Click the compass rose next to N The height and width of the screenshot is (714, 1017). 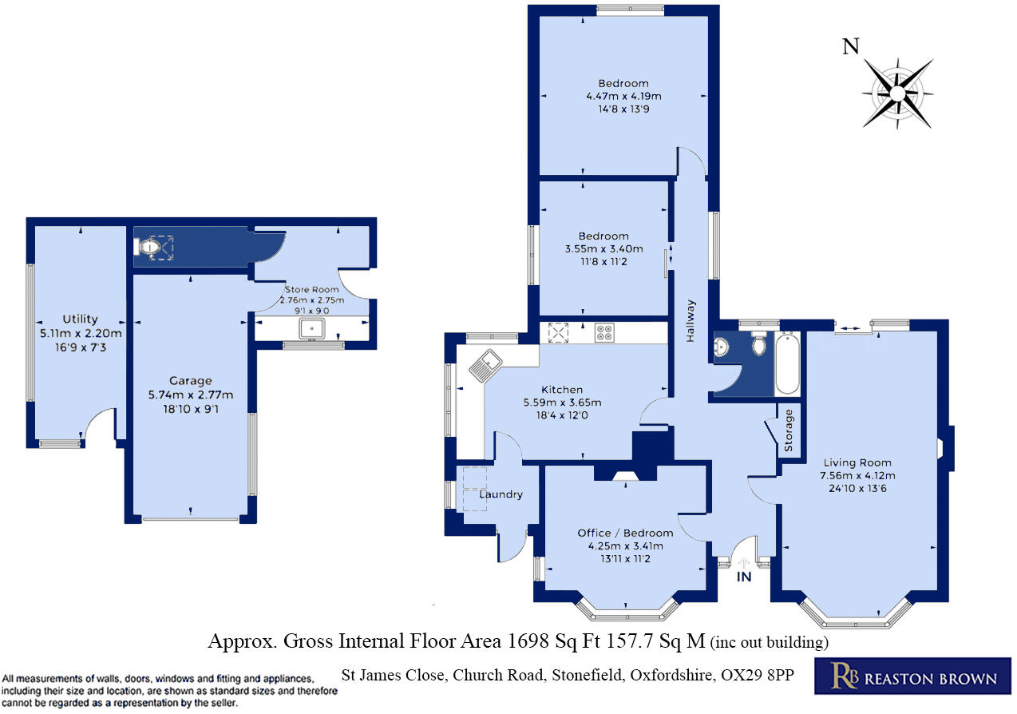point(897,93)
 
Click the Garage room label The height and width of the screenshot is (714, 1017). point(190,380)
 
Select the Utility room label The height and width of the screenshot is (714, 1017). point(80,319)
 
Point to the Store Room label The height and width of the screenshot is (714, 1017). point(312,289)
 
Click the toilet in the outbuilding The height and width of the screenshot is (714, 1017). point(149,248)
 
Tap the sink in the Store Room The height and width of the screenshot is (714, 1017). point(309,328)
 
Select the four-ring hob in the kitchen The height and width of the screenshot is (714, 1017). point(604,332)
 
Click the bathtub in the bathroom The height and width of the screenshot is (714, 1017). point(787,364)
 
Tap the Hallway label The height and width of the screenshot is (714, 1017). point(691,321)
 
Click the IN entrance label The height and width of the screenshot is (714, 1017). point(743,577)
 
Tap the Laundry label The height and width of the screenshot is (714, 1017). point(501,494)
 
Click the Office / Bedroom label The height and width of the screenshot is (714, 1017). point(625,533)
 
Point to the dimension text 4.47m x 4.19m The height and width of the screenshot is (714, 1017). point(623,96)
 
